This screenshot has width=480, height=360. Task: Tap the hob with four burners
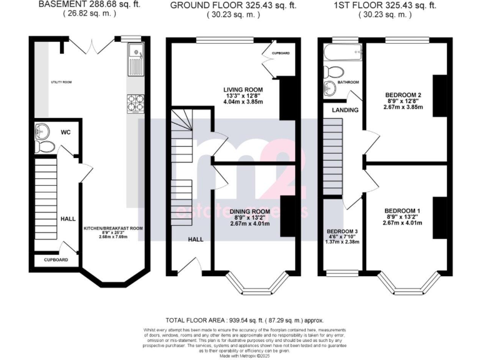[136, 102]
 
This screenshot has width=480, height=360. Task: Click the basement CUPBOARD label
[56, 259]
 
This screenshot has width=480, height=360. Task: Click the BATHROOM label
[348, 82]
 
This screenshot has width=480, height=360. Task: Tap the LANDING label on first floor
[344, 110]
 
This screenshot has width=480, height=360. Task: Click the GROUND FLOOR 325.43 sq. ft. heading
[239, 5]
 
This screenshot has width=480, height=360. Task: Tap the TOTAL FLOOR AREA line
[239, 319]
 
